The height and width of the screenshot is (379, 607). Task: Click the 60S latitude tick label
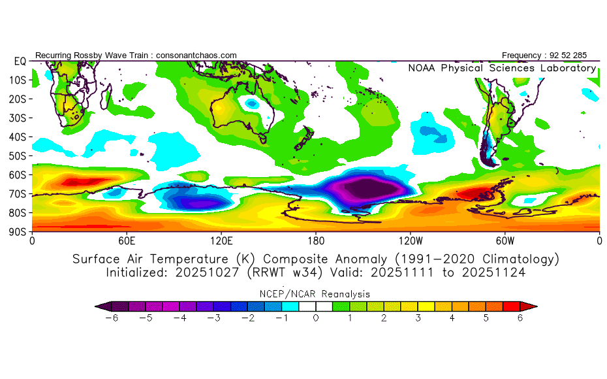pos(18,175)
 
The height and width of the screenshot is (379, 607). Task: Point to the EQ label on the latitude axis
pos(19,61)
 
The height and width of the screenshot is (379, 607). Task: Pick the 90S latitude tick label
pos(18,232)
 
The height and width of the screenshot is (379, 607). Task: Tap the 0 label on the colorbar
pos(316,318)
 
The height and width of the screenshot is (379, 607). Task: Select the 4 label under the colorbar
pos(452,318)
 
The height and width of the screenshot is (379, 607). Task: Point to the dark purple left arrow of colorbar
pos(101,306)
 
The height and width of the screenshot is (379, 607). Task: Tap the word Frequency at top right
pos(522,56)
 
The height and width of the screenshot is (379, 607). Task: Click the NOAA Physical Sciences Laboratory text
pos(502,68)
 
